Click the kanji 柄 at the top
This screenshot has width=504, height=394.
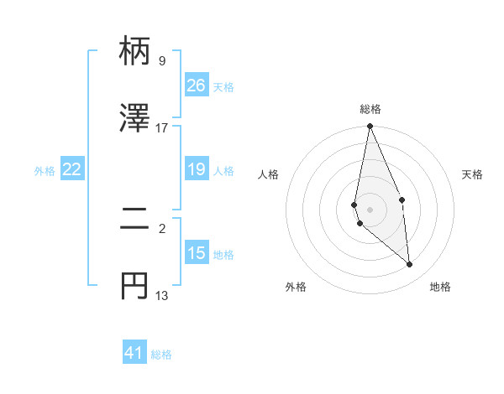(134, 53)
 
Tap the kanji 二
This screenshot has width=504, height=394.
(134, 220)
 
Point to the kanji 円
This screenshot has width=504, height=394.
(134, 286)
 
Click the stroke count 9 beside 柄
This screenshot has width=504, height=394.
(162, 61)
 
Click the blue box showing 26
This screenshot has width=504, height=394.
(197, 86)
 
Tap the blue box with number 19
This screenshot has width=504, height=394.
(197, 170)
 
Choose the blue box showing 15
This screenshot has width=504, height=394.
(197, 253)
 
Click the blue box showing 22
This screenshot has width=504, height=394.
(72, 170)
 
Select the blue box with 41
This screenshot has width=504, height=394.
(134, 353)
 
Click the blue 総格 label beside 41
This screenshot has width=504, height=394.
(161, 355)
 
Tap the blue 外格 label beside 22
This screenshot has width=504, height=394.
(45, 171)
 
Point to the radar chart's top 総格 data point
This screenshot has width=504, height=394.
(370, 127)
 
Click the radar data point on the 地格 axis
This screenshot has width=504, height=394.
(410, 265)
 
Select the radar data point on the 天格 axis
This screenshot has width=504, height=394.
(402, 200)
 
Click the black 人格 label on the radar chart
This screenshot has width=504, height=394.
(269, 174)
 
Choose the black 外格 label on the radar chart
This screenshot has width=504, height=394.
(296, 287)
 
